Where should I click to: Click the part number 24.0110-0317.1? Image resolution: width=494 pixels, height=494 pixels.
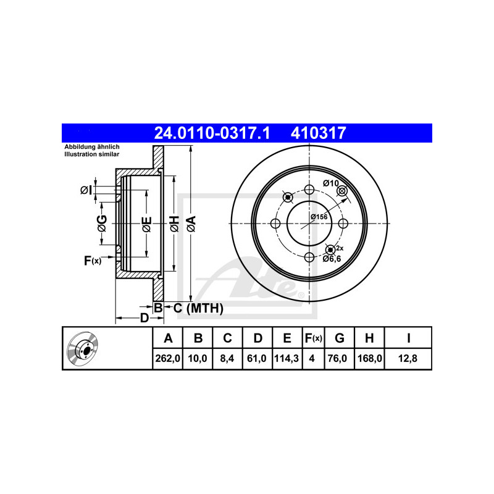tap(212, 133)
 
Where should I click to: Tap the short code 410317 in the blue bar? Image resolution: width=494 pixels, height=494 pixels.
tap(318, 133)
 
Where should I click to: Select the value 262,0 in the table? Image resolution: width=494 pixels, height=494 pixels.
tap(167, 359)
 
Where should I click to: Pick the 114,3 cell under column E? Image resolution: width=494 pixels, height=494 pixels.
tap(287, 359)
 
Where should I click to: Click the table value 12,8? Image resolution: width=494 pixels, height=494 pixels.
tap(408, 359)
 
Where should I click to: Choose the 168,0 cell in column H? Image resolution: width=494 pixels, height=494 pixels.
tap(369, 359)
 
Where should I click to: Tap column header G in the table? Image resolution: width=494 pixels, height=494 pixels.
tap(339, 338)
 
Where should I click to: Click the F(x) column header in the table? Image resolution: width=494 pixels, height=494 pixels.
tap(314, 338)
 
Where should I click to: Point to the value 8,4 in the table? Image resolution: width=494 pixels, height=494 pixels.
tap(227, 359)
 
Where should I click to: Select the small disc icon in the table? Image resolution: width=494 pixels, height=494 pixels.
tap(83, 348)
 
